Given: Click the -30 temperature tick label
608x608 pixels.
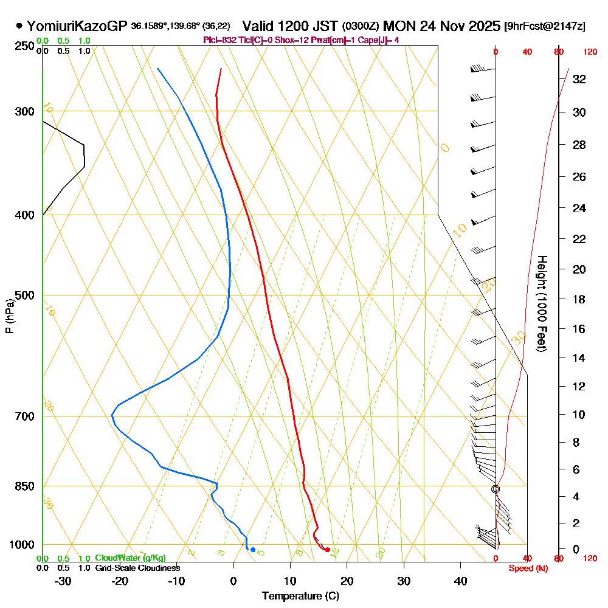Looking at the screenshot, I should point(63,581).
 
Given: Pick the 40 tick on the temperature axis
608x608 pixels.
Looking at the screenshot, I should point(460,581).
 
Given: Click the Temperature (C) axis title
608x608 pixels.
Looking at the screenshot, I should point(301,596).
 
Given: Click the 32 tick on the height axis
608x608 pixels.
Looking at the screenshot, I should point(579,78).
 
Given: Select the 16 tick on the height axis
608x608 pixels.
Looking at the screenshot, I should point(579,329).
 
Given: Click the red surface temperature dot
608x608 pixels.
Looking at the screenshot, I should point(328,550).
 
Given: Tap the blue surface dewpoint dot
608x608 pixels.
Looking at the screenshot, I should point(253,550).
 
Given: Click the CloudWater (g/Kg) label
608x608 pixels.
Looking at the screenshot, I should point(130,558).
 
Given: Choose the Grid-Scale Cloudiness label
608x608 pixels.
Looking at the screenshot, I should point(137,567).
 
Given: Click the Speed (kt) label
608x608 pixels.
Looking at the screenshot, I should point(527,568).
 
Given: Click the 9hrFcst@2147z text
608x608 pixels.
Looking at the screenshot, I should point(545,26).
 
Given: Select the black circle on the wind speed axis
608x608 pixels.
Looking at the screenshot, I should point(496,489).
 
